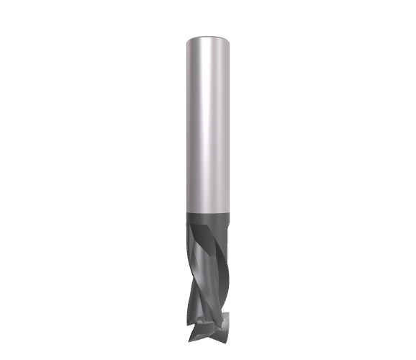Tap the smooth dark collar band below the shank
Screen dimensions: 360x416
coord(209,219)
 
